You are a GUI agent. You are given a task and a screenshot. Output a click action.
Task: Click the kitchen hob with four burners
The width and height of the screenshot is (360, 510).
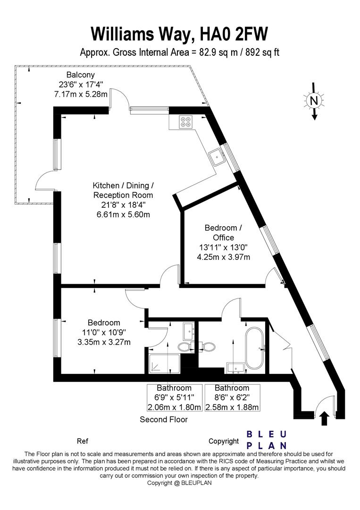186,121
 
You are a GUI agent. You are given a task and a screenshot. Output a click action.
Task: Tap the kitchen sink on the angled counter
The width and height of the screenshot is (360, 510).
217,157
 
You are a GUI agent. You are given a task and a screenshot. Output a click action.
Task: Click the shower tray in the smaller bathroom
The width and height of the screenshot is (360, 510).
164,364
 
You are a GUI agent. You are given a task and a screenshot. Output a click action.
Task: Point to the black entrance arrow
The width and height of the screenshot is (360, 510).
325,418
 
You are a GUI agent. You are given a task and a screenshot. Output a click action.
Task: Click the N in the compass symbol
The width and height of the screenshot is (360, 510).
314,101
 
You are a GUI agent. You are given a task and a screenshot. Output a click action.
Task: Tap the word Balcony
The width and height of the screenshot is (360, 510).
81,75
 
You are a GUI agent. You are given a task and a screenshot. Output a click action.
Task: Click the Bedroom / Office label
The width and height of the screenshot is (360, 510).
223,232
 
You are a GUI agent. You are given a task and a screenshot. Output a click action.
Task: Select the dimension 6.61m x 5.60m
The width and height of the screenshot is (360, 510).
123,215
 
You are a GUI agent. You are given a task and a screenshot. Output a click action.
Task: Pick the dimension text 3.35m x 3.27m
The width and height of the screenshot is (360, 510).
104,342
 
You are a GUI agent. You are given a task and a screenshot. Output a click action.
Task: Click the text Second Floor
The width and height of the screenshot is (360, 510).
164,420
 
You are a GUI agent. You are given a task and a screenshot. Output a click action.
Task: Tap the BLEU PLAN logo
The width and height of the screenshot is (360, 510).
267,440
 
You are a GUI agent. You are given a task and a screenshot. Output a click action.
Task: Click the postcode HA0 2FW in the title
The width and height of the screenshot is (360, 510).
234,34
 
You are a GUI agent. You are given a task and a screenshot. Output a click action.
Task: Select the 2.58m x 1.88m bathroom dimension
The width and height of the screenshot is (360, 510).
232,407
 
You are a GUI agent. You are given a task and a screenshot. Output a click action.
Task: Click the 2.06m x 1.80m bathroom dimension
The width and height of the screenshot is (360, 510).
175,407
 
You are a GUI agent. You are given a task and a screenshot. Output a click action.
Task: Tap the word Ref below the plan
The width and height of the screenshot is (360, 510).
83,441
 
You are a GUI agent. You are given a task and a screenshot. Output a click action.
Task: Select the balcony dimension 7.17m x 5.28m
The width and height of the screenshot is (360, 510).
81,94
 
